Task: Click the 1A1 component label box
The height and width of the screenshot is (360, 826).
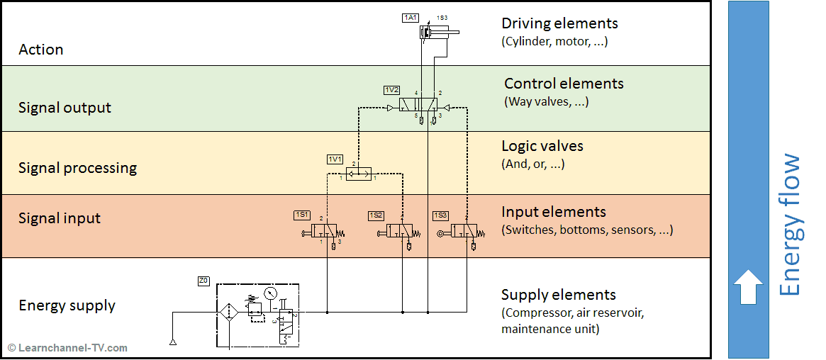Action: [x=410, y=18]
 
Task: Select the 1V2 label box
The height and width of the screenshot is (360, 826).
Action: [x=391, y=90]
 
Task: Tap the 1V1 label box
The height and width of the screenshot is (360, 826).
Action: [x=335, y=158]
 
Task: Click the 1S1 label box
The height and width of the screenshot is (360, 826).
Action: [x=301, y=215]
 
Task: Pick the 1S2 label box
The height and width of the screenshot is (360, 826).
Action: [x=376, y=215]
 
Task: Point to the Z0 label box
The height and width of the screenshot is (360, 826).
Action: [x=203, y=281]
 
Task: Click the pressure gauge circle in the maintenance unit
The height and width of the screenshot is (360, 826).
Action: [x=269, y=293]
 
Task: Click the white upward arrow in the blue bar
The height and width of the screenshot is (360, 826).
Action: [x=748, y=286]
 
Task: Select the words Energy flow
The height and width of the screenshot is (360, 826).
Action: [x=790, y=225]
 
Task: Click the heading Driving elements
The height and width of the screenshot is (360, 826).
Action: [x=559, y=24]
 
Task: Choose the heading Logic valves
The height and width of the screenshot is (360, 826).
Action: [x=542, y=147]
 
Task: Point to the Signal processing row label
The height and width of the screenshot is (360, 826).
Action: [x=77, y=168]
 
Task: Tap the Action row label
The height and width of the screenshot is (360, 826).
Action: [x=40, y=50]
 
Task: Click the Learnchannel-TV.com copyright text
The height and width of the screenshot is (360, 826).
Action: [x=67, y=348]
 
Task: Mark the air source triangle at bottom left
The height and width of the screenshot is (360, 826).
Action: [x=173, y=342]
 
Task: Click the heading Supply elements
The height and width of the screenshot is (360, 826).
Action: [x=558, y=295]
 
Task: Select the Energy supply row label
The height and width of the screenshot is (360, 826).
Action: [x=67, y=305]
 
